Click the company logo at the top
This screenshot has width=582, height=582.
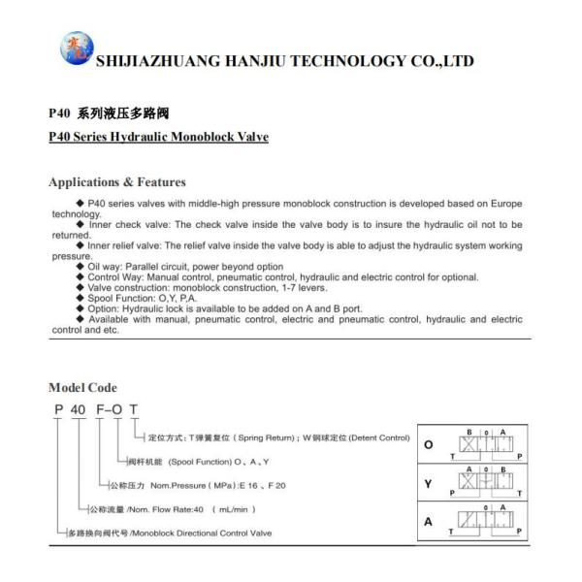coord(74,49)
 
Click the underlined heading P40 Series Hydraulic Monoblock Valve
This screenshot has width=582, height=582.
coord(158,136)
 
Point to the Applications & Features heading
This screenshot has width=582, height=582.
coord(117,182)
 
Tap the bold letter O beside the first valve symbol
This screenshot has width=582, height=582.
coord(427,447)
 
